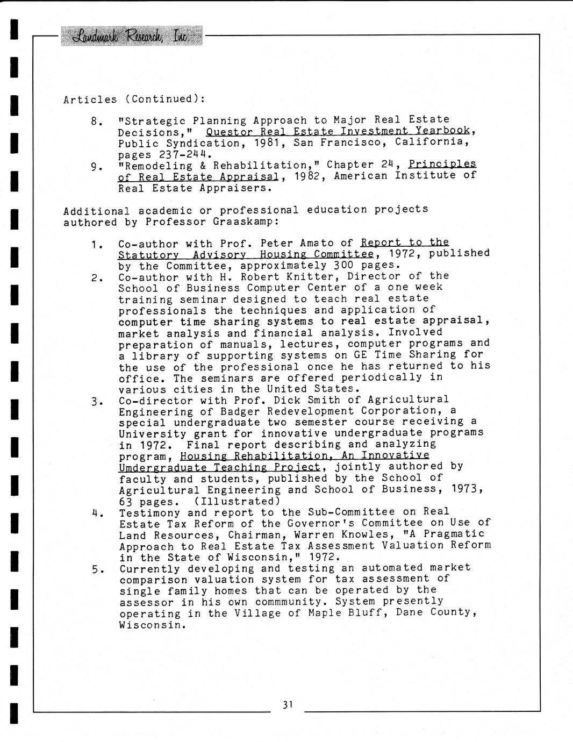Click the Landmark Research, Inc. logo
tap(131, 35)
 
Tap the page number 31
tap(288, 704)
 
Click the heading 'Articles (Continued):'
tap(134, 99)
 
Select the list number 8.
tap(96, 122)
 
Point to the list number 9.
tap(96, 167)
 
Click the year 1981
tap(268, 143)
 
